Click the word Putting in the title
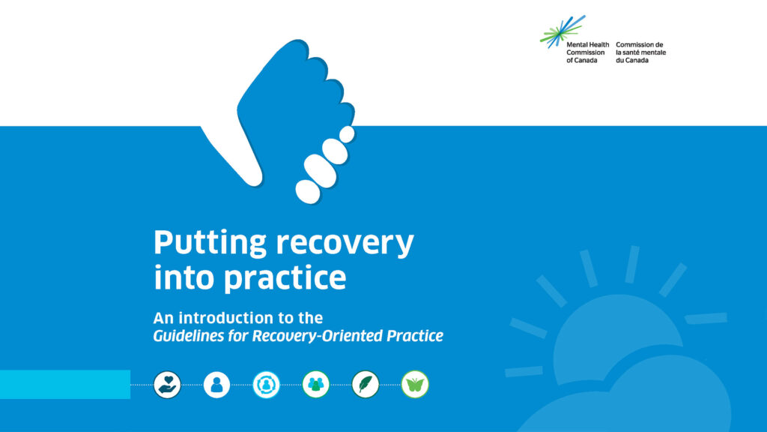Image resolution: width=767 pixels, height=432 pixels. pos(210,243)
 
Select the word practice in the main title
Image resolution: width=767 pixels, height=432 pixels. pos(285,278)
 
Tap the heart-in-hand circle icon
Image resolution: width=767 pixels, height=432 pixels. pos(167,385)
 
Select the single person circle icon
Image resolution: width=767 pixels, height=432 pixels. pos(216,385)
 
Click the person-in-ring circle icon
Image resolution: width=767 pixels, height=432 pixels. pos(266,385)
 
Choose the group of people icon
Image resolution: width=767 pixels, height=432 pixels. pos(315,385)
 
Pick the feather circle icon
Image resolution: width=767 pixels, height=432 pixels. pos(366,385)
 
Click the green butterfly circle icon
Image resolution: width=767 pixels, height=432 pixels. pos(415,385)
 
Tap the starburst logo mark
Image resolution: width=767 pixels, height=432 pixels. pos(563,31)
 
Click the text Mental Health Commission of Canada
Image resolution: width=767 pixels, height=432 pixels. pos(587,52)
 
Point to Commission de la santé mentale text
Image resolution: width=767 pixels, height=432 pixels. pos(641,52)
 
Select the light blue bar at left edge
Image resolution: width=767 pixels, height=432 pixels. pos(65,385)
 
